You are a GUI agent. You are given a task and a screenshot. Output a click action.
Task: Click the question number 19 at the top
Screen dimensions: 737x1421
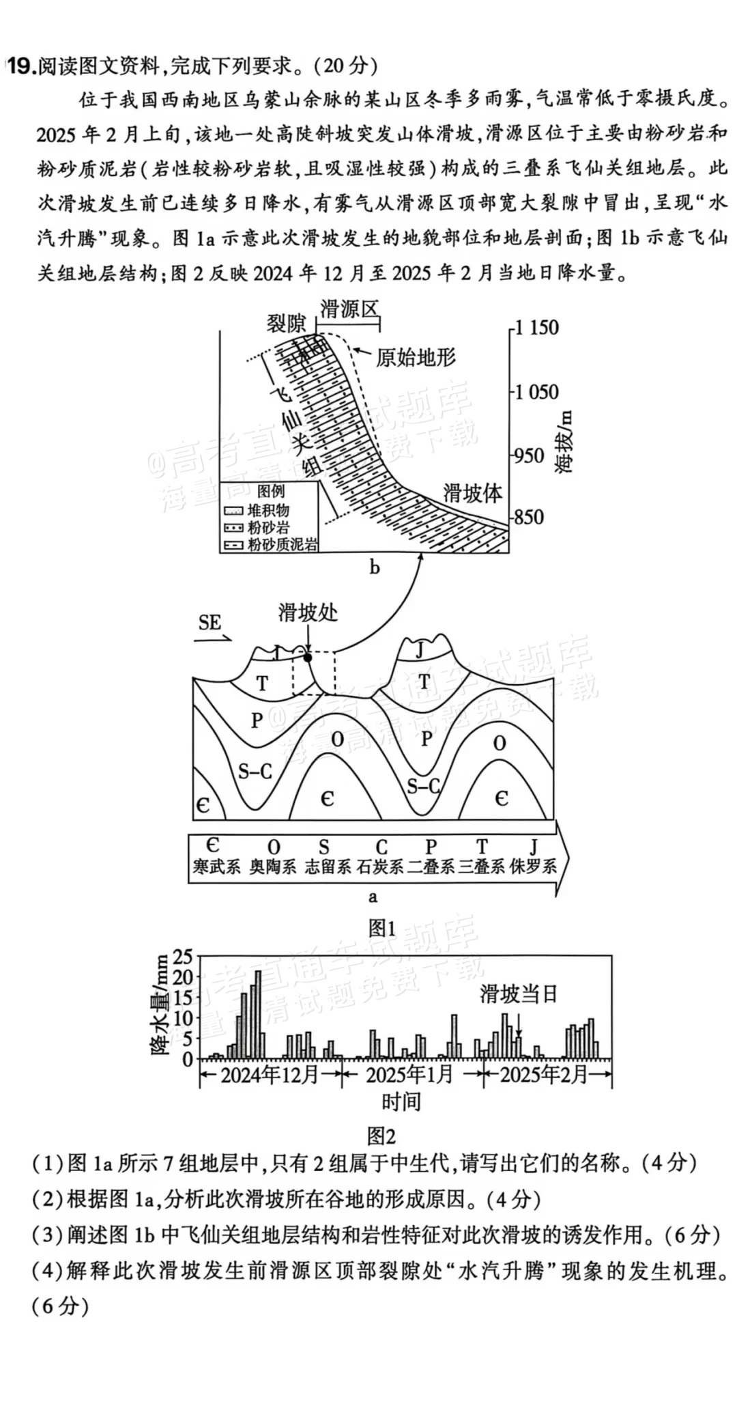tap(20, 66)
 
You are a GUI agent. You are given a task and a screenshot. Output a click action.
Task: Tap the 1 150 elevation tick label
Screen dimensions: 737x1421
tap(536, 328)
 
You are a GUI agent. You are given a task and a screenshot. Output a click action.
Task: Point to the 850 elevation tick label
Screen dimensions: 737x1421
tap(529, 517)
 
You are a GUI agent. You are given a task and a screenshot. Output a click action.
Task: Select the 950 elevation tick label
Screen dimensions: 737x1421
tap(529, 455)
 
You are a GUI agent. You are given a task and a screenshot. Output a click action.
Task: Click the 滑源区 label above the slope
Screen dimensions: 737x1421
tap(349, 309)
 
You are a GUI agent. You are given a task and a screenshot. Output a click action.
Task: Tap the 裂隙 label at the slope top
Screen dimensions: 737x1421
tap(286, 323)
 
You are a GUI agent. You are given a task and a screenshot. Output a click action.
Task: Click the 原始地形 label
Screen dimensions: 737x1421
tap(415, 357)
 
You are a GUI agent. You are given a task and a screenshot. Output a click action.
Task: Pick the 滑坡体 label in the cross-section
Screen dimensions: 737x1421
tap(473, 492)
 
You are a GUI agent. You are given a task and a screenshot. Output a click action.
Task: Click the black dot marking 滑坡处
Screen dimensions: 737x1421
tap(308, 657)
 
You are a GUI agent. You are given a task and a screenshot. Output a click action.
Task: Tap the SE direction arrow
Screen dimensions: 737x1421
tap(214, 641)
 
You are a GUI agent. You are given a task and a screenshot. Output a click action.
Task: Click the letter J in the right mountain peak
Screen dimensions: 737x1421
tap(420, 649)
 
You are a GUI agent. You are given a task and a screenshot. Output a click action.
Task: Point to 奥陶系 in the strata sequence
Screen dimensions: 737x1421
tap(272, 867)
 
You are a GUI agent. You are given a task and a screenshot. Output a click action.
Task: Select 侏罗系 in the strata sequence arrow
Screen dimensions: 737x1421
tap(532, 867)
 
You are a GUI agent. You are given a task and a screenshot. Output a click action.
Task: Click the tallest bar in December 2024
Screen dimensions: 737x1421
tap(258, 1015)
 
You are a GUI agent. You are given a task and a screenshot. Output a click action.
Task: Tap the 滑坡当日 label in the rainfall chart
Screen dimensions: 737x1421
tap(519, 994)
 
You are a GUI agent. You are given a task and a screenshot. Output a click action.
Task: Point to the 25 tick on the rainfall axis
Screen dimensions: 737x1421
tap(184, 957)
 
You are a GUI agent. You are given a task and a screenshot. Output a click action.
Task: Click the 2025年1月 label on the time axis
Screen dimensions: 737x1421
tap(409, 1075)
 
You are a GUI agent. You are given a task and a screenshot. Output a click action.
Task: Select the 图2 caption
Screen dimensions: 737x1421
tap(381, 1136)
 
